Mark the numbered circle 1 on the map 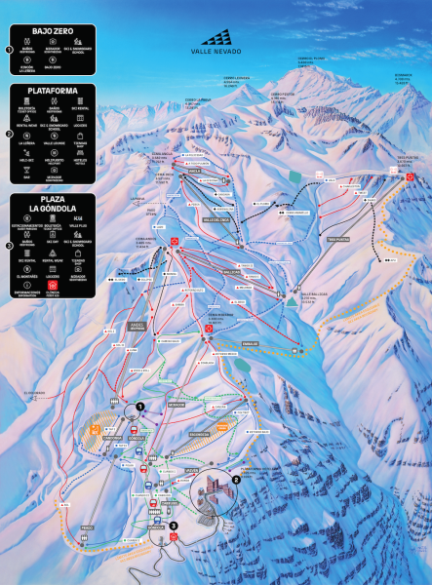(140, 406)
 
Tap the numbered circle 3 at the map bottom (174, 527)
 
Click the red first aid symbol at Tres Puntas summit (411, 176)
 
